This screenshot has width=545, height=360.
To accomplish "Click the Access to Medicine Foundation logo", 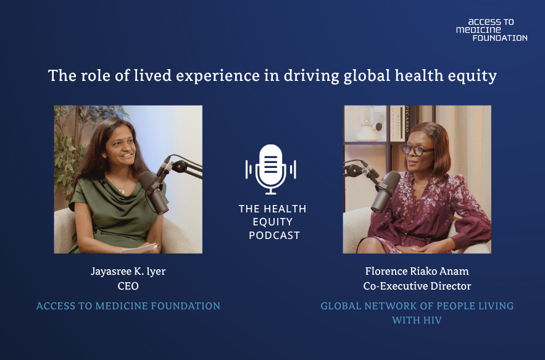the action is coord(491,30).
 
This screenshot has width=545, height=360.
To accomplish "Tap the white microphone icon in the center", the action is coord(271,169).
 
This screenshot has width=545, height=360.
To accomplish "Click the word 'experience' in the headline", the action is coord(218,76).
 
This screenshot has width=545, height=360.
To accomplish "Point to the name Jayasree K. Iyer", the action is coord(128,271).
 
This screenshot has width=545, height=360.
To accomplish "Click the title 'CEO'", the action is coord(128,286).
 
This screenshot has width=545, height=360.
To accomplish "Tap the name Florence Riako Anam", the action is coord(417,271).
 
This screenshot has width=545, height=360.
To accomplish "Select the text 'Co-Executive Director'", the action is coord(417,286).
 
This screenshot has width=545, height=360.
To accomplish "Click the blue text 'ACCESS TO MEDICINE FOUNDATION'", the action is coord(128,306).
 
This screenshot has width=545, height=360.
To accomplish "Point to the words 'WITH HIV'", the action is coord(417,320).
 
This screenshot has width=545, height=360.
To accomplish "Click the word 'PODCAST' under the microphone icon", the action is coord(274,235).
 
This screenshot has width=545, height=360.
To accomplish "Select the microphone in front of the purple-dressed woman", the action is coord(385,191).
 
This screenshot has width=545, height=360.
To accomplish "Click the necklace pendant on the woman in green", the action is coord(122,191).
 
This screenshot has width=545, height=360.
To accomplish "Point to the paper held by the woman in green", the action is coord(139,249).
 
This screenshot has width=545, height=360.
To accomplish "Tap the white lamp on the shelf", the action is coord(367,125).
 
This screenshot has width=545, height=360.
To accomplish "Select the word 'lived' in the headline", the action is coord(153,75).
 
